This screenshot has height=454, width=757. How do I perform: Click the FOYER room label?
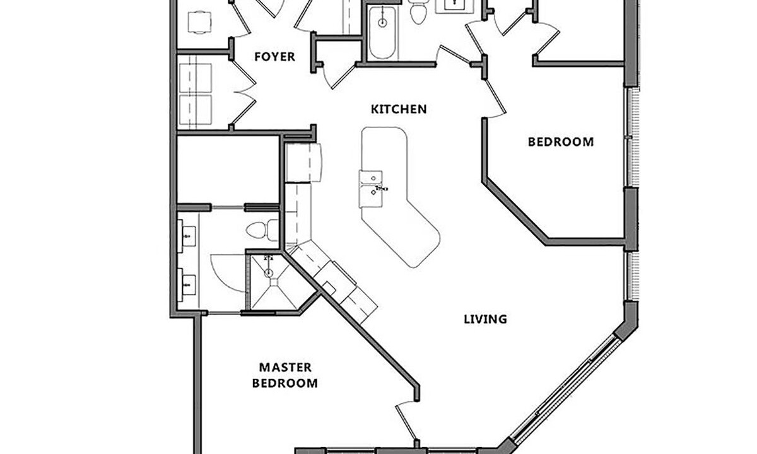click(x=274, y=56)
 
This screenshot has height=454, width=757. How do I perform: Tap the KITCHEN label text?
click(x=399, y=109)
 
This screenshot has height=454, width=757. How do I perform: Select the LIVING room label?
click(x=485, y=319)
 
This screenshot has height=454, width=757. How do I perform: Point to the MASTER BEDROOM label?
click(x=285, y=375)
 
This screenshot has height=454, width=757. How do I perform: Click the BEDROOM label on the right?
click(x=561, y=142)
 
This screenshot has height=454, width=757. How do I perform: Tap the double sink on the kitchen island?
click(x=371, y=189)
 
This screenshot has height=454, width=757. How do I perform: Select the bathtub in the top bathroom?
click(x=382, y=32)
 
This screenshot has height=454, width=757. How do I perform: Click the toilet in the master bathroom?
click(x=262, y=230)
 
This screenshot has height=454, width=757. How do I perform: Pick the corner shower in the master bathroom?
click(x=274, y=281)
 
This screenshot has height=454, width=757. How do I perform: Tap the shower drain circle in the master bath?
click(x=269, y=272)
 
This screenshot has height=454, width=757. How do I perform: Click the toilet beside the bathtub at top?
click(x=418, y=12)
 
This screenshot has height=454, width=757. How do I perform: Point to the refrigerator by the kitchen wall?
click(x=303, y=163)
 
